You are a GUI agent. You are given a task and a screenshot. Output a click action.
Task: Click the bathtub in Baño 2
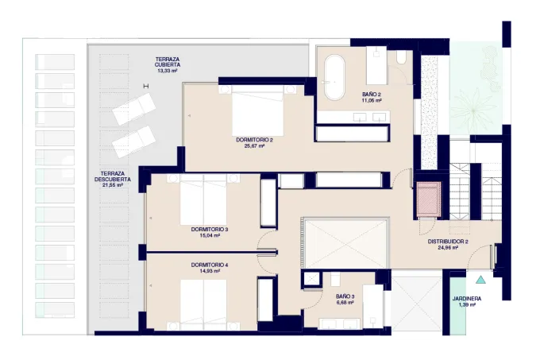coord(334,78)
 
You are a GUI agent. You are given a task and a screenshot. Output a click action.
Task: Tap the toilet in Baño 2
coord(401,57)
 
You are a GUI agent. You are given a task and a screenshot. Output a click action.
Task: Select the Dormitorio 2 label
coord(254,140)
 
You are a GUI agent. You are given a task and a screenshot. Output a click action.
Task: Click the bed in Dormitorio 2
coord(257,110)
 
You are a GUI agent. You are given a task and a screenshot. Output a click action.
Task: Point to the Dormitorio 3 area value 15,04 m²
coord(210,236)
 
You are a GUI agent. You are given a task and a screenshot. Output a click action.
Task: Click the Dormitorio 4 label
coord(210,265)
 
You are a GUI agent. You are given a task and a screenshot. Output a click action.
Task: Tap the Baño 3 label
coord(345,296)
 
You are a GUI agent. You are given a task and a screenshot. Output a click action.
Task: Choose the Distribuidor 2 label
coord(448,242)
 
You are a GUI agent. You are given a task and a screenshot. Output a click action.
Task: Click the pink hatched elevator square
coord(428,199)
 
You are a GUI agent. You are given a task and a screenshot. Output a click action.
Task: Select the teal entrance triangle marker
coord(480,280)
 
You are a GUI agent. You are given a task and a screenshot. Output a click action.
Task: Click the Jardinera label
coord(467,299)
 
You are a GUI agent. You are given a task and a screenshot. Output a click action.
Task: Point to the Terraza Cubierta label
coord(168,62)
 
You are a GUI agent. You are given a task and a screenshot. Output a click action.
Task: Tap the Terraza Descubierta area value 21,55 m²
coord(113,185)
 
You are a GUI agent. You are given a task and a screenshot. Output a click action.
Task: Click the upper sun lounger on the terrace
coord(134,109)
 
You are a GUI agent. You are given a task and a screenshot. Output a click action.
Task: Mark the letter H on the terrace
coord(146,86)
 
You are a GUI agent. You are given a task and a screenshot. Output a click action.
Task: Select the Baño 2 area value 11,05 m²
coord(372,101)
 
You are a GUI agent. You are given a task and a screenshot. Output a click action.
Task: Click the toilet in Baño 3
coord(335,279)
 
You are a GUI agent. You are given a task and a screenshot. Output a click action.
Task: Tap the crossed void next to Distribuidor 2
coord(346,243)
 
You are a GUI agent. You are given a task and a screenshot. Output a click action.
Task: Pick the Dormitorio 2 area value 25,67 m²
coord(254,146)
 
